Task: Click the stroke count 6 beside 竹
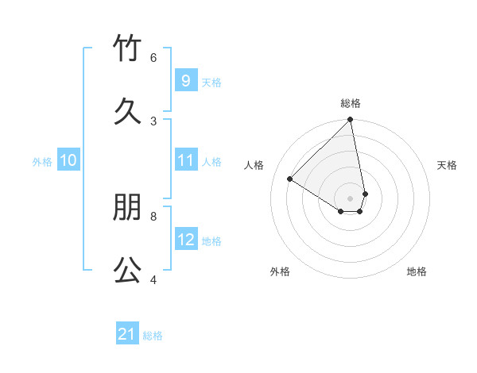(x=153, y=57)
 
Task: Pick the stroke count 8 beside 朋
(x=153, y=215)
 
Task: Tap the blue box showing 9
(x=186, y=81)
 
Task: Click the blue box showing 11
(x=186, y=160)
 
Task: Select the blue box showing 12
(x=186, y=240)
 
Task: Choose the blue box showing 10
(x=68, y=160)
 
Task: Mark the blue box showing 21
(x=127, y=334)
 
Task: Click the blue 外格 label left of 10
(x=42, y=161)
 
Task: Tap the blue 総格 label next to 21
(x=153, y=336)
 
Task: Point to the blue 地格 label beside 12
(x=211, y=241)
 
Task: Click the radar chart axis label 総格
(x=351, y=103)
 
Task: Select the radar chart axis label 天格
(x=447, y=165)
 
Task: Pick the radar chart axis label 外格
(x=280, y=271)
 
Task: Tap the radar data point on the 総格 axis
(x=351, y=121)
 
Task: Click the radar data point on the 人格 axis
(x=290, y=179)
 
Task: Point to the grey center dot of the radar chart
(x=351, y=198)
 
